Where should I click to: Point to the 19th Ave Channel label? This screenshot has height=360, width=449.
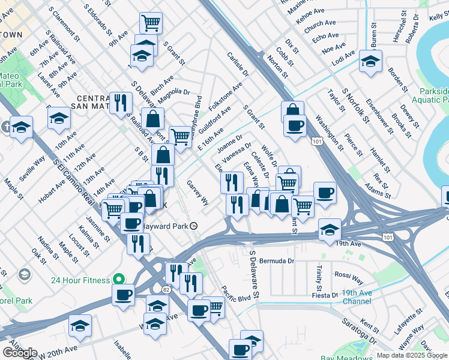[x=366, y=297]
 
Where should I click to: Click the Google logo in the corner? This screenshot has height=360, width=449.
[x=20, y=353]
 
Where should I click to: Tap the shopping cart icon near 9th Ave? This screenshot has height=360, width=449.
[x=151, y=23]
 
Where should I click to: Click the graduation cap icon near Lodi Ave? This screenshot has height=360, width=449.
[x=371, y=61]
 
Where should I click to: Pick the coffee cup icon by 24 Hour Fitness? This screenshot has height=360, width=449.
[x=124, y=295]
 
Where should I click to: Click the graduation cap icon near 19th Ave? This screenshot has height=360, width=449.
[x=330, y=230]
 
